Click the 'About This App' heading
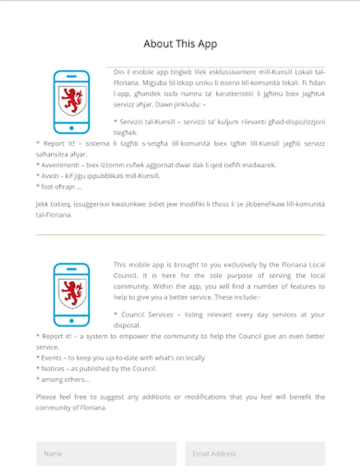[180, 44]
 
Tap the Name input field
[106, 454]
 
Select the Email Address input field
[255, 454]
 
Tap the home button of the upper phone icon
[72, 128]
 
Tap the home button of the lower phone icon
[72, 321]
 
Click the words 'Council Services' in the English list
[147, 315]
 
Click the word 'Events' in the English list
[51, 358]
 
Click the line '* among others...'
[62, 380]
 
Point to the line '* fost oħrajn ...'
[59, 187]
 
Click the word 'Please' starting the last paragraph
[46, 397]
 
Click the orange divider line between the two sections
[180, 234]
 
